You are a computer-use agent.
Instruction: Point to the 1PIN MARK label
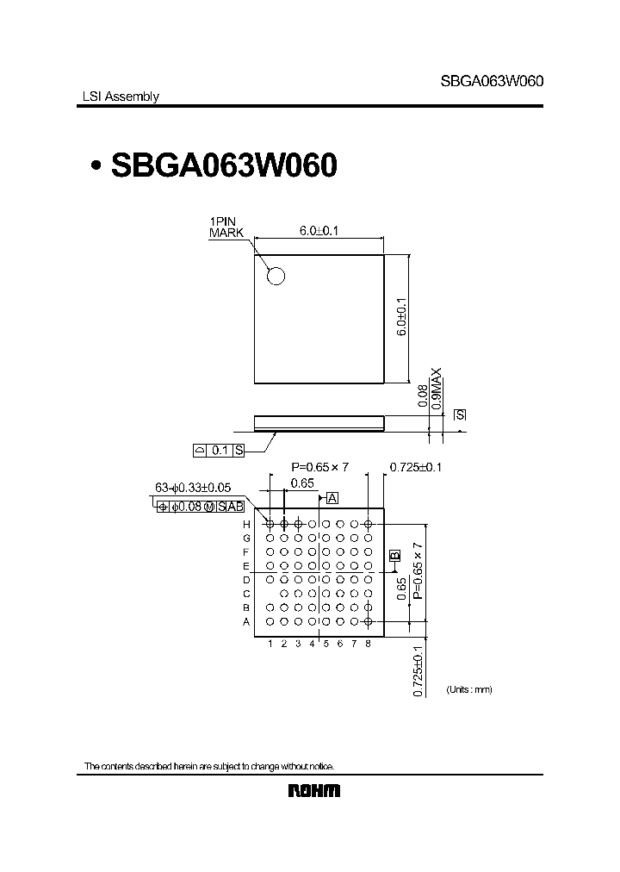227,227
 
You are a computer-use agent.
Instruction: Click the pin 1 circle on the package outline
276,276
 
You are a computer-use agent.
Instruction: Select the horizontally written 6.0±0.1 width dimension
319,231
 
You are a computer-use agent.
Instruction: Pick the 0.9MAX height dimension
437,388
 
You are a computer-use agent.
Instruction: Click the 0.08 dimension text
422,396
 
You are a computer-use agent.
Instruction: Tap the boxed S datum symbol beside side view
460,415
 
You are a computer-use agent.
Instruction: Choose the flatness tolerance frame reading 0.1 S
219,450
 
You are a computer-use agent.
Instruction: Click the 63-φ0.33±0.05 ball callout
192,488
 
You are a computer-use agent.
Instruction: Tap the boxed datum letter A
332,498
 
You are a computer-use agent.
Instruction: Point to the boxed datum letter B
394,556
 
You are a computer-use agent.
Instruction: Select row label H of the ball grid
245,524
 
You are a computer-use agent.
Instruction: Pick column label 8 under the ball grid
368,644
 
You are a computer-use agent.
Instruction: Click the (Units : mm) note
468,690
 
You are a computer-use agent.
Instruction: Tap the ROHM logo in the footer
313,791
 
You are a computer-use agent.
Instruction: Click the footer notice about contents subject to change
208,766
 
